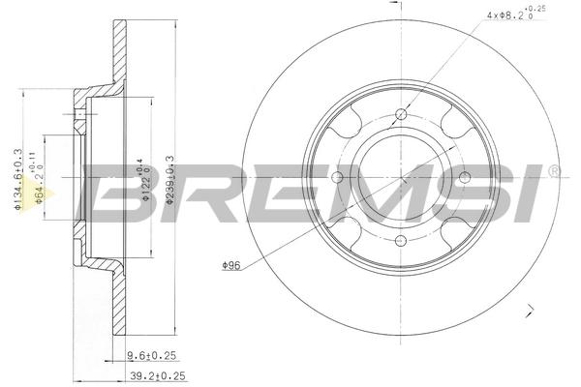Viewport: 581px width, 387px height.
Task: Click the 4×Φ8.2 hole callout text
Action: pos(516,14)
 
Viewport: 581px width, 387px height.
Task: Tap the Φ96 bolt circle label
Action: pos(231,265)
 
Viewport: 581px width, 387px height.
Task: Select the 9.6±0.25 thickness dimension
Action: pos(151,356)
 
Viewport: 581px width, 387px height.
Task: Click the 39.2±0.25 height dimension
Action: pos(158,376)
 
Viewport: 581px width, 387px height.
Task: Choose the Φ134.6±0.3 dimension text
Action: pos(18,180)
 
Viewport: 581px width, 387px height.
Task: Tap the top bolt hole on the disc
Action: pos(401,114)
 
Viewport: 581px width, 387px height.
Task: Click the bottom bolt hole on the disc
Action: pos(401,241)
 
